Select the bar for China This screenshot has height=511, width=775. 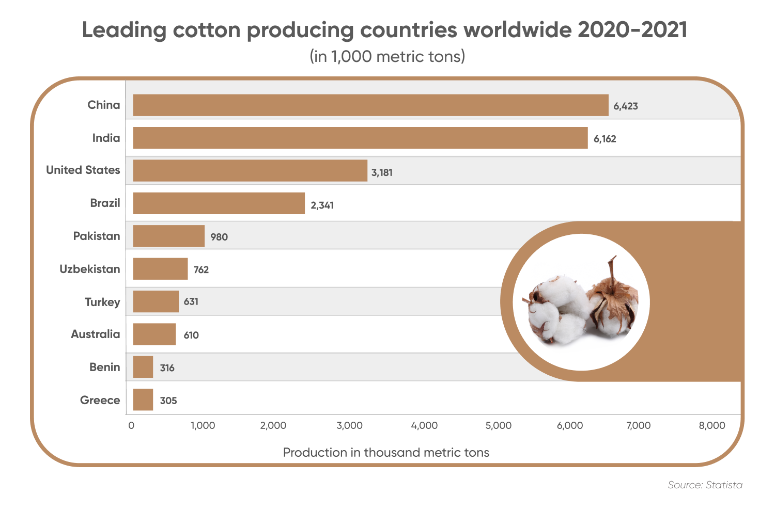click(370, 105)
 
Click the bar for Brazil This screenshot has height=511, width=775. click(219, 203)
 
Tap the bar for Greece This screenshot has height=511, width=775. click(143, 400)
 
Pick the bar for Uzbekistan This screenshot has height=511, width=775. click(160, 269)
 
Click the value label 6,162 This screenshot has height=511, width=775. click(605, 139)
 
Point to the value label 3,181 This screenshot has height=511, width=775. click(382, 172)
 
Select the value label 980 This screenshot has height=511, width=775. click(219, 237)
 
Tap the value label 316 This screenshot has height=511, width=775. click(167, 368)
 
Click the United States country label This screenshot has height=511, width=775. click(83, 170)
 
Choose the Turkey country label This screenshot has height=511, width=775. click(102, 302)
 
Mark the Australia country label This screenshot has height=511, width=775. click(95, 334)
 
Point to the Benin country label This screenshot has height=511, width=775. click(104, 367)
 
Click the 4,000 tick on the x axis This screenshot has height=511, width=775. click(424, 426)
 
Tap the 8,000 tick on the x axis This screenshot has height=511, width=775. click(712, 426)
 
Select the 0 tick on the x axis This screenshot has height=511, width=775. click(131, 426)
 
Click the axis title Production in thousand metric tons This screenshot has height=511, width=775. click(386, 453)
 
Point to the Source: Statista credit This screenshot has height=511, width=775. click(705, 485)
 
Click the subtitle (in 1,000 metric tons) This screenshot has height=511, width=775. click(387, 56)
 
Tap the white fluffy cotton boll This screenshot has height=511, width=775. click(555, 307)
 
